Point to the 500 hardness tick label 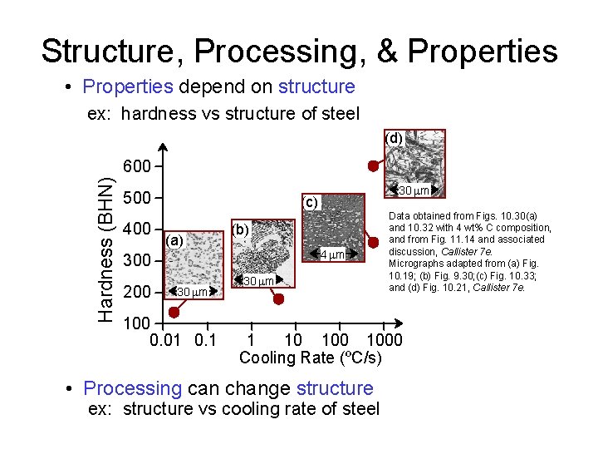point(137,199)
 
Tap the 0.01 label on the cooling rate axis point(167,339)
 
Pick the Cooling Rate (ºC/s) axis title point(311,358)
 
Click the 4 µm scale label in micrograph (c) point(336,254)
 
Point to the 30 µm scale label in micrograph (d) point(413,191)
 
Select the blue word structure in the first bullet point(316,87)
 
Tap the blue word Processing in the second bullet point(133,388)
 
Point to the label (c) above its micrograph point(311,202)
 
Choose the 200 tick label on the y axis point(137,293)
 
